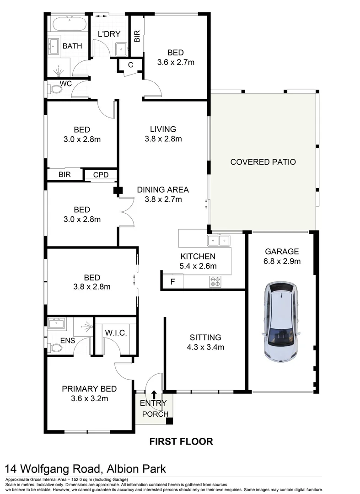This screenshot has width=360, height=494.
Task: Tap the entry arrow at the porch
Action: (154, 394)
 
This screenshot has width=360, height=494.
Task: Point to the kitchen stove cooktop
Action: (215, 281)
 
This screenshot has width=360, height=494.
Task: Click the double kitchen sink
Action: (218, 240)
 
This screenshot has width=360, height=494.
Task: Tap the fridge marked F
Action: (172, 281)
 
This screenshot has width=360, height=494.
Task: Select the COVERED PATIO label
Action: (263, 162)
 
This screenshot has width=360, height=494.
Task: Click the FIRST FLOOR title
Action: (182, 441)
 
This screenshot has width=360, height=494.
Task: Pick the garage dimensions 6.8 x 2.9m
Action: (282, 262)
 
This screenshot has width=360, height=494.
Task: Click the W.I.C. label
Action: (115, 332)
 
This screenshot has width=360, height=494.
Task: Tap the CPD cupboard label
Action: (100, 175)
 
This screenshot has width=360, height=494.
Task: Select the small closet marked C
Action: (130, 65)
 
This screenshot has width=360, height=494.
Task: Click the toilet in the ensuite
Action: (55, 348)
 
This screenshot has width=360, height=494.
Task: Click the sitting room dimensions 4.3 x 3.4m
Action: (205, 347)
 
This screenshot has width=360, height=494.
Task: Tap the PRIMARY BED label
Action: (89, 389)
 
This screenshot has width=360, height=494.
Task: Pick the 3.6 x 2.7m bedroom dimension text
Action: (176, 62)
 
